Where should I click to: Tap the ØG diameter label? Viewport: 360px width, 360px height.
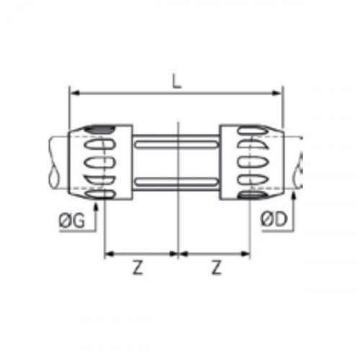tap(72, 220)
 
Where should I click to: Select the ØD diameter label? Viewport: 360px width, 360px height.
tap(274, 220)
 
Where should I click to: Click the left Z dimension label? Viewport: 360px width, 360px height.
tap(138, 268)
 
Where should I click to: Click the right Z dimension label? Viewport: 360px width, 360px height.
tap(216, 268)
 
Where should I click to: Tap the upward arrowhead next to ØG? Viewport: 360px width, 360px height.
tap(96, 206)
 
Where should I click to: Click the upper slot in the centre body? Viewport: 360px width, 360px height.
tap(176, 144)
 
